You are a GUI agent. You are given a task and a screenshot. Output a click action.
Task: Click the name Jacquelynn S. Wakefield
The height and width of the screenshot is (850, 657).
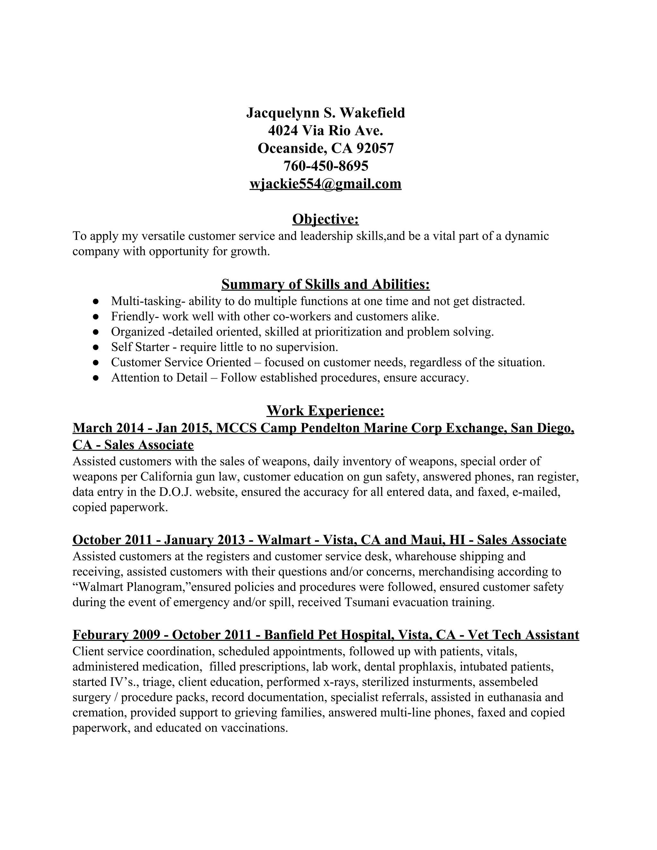pos(325,113)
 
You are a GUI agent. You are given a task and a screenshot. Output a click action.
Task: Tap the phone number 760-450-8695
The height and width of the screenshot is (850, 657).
pos(325,166)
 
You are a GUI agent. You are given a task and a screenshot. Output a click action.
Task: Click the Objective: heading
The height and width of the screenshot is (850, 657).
pos(325,219)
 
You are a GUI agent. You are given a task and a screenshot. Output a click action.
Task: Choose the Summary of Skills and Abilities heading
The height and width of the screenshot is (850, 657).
pos(325,285)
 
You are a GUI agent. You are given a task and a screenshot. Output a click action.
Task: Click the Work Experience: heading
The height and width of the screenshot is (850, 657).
pos(325,411)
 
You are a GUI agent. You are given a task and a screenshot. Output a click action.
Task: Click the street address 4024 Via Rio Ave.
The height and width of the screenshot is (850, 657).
pos(325,130)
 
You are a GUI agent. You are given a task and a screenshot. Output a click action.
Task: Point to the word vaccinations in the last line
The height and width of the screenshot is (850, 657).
pos(254,727)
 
